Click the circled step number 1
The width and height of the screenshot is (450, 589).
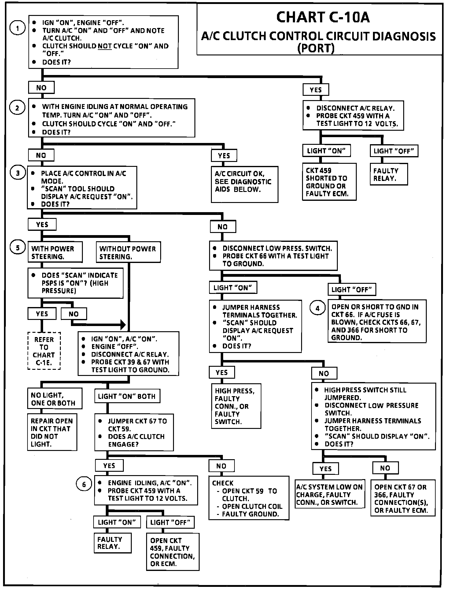pyautogui.click(x=18, y=28)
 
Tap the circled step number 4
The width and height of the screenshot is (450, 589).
pyautogui.click(x=317, y=308)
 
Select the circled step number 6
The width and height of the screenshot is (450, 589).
pyautogui.click(x=84, y=484)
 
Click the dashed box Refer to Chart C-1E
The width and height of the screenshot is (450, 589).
pyautogui.click(x=44, y=351)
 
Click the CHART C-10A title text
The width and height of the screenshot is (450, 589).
pyautogui.click(x=323, y=17)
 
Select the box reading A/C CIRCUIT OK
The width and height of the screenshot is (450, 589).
pyautogui.click(x=244, y=184)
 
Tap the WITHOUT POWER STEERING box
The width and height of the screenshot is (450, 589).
pyautogui.click(x=128, y=252)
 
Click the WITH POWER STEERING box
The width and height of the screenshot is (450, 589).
pyautogui.click(x=55, y=252)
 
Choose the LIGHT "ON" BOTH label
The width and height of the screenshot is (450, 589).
pyautogui.click(x=127, y=396)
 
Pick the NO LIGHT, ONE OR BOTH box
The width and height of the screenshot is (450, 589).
pyautogui.click(x=55, y=399)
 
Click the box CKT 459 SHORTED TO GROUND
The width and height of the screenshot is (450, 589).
pyautogui.click(x=329, y=182)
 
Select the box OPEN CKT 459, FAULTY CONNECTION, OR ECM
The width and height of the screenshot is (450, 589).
pyautogui.click(x=173, y=552)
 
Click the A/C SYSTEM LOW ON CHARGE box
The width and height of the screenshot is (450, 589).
pyautogui.click(x=330, y=494)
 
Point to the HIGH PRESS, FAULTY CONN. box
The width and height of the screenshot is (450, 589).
pyautogui.click(x=236, y=406)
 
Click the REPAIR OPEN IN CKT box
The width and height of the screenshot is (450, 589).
pyautogui.click(x=52, y=432)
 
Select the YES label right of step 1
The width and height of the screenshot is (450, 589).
pyautogui.click(x=316, y=90)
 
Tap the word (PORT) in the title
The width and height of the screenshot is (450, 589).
pyautogui.click(x=316, y=48)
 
